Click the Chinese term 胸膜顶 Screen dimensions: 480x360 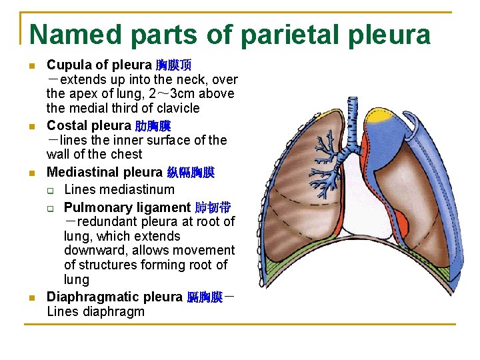173,65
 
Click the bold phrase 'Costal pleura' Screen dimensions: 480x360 89,125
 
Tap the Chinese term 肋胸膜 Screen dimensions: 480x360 153,126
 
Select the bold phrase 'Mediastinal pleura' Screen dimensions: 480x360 105,173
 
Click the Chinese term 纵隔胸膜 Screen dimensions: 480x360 191,173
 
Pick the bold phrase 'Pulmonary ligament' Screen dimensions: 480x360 127,207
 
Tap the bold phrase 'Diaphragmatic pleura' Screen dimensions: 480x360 114,297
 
